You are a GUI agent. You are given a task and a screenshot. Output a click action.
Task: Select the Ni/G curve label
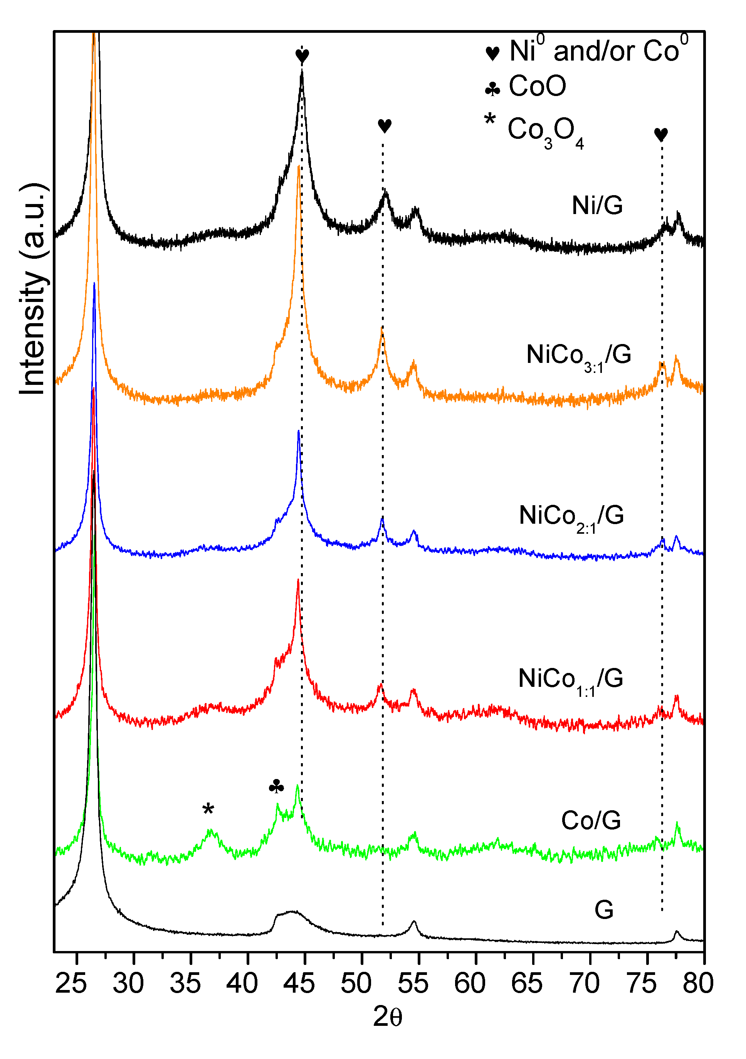click(x=597, y=205)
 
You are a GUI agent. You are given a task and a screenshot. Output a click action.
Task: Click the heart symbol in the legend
click(x=492, y=53)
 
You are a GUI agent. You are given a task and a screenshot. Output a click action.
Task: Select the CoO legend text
click(x=537, y=86)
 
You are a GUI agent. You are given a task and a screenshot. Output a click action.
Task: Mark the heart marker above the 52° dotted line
click(x=384, y=125)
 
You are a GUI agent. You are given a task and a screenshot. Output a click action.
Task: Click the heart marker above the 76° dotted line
click(x=661, y=134)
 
